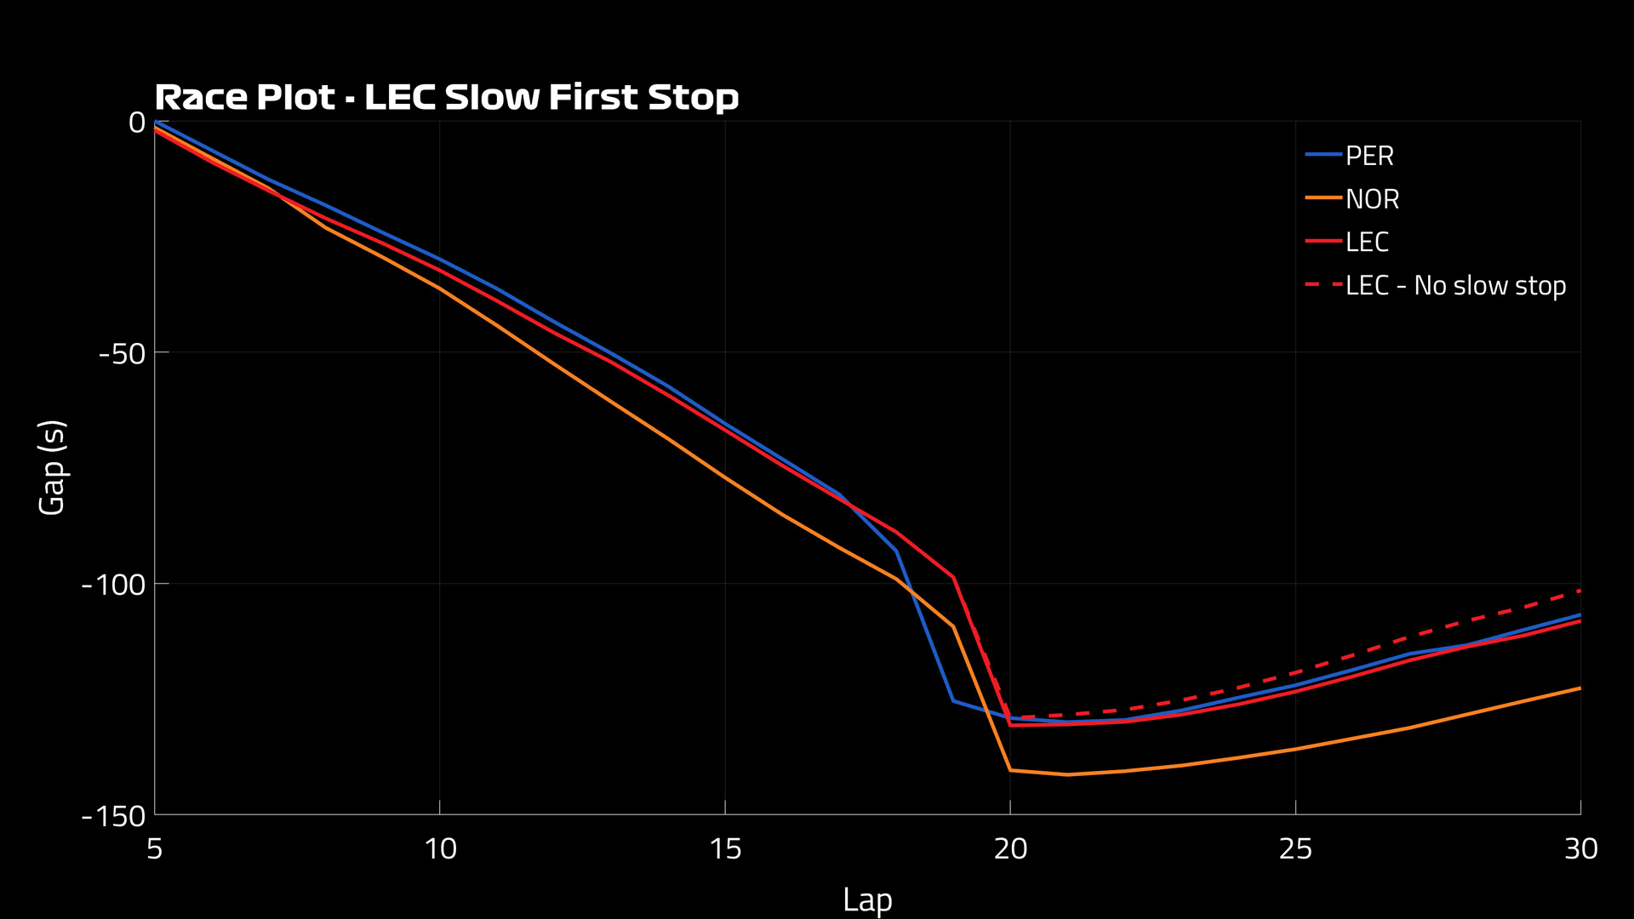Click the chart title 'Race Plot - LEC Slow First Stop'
click(446, 97)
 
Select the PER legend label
click(1369, 157)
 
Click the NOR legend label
click(1372, 199)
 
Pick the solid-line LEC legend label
click(1367, 243)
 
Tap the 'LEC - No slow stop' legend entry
click(1455, 286)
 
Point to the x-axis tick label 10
click(440, 849)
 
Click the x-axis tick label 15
click(725, 849)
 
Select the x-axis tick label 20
click(1010, 849)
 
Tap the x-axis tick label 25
click(1295, 849)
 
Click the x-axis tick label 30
click(1580, 849)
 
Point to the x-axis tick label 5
click(154, 849)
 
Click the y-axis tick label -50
click(122, 353)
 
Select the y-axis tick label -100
click(113, 585)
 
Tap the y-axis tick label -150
click(113, 817)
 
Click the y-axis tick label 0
click(136, 123)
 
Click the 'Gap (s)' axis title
click(53, 467)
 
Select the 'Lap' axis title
click(867, 899)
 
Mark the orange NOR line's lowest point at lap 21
click(1067, 774)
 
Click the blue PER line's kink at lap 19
click(953, 701)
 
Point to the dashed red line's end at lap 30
click(1580, 590)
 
